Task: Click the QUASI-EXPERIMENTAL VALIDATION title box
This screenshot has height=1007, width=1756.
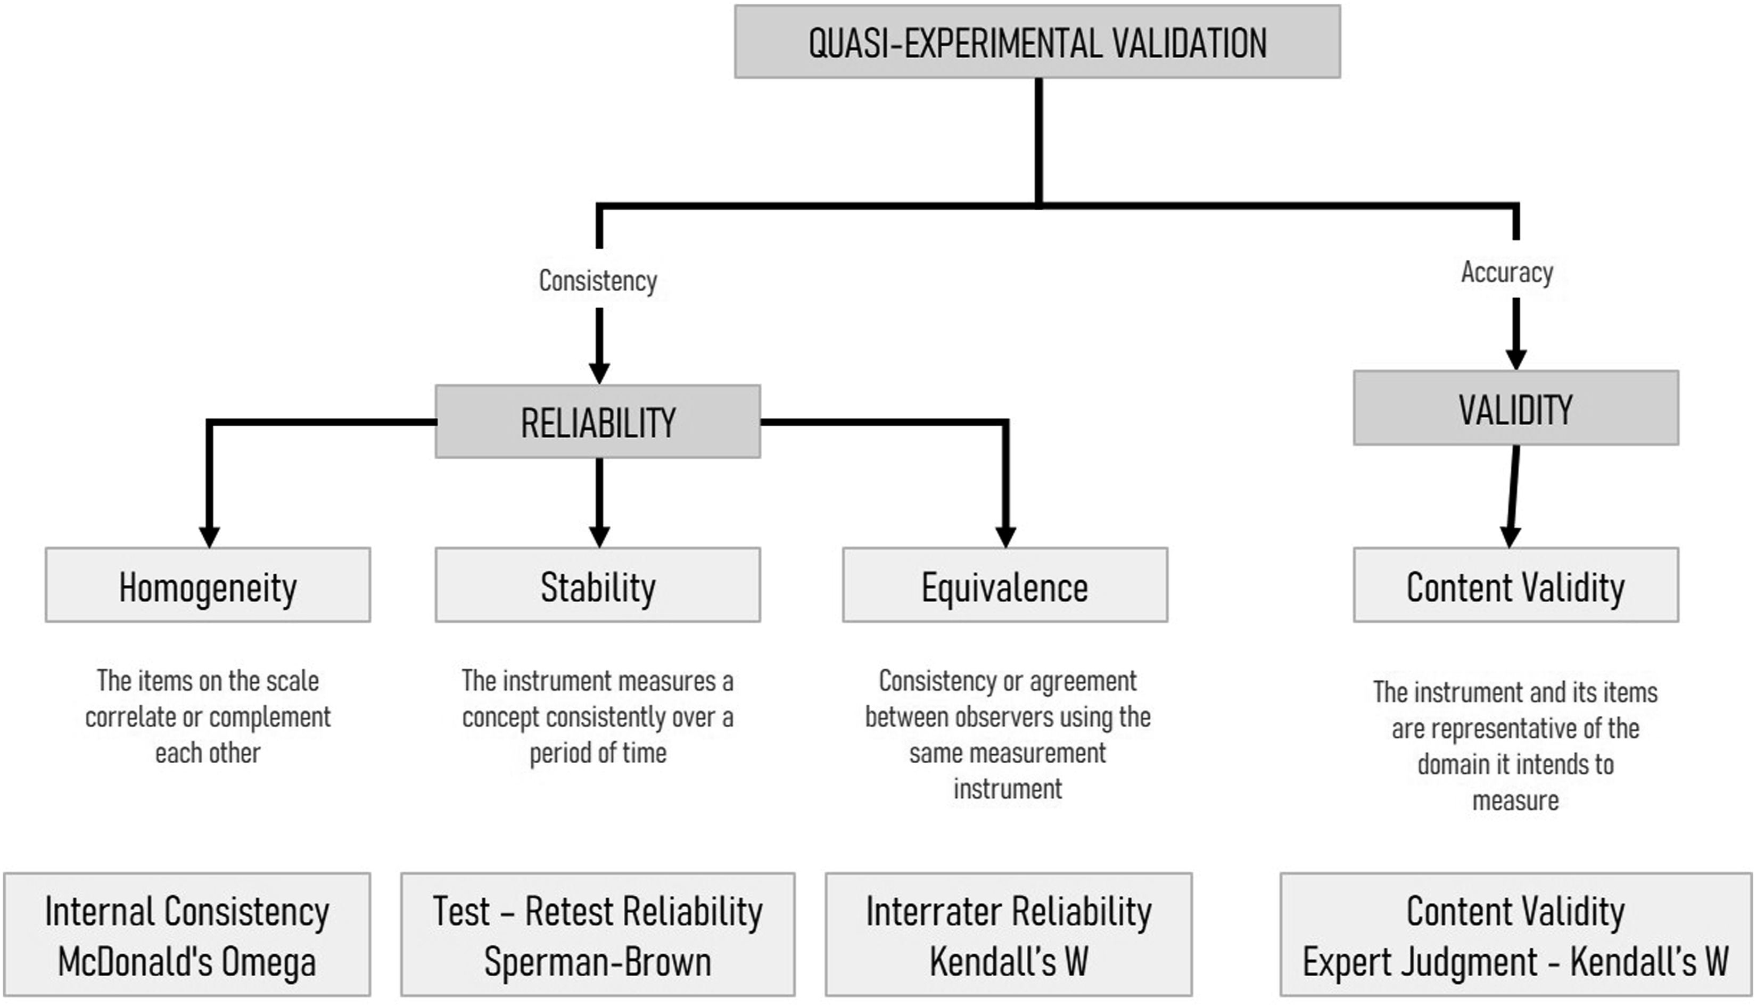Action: coord(1037,42)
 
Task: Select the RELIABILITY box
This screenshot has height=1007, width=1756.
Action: coord(598,421)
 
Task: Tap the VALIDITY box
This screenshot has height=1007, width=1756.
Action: coord(1516,407)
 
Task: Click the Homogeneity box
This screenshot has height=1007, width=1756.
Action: coord(208,585)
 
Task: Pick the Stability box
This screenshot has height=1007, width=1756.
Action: coord(598,585)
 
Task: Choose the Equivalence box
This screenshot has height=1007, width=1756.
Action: coord(1005,585)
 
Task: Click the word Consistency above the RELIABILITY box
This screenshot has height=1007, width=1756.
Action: coord(598,280)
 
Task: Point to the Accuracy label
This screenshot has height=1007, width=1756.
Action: coord(1507,272)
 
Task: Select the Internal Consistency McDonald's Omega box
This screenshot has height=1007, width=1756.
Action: coord(187,935)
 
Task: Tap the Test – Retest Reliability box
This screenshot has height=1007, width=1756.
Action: coord(598,935)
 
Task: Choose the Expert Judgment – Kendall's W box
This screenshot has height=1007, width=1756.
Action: coord(1516,935)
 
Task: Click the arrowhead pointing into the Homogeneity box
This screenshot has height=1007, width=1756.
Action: coord(209,538)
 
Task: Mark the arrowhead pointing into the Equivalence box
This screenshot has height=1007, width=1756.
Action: coord(1005,538)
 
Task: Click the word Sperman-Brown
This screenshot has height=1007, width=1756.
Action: coord(598,962)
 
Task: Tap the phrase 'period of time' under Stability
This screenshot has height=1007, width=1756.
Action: coord(598,753)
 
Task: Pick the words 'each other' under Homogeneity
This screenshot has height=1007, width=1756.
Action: coord(208,753)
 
